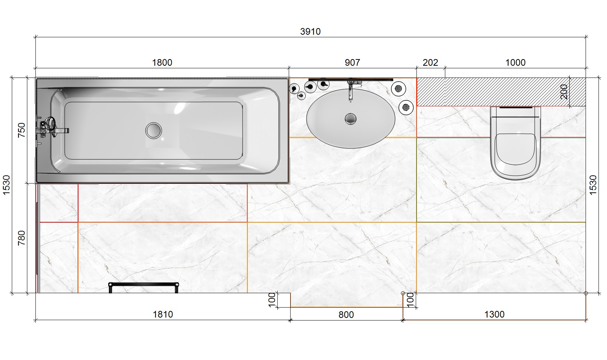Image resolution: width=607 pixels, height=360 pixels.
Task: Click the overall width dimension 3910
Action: [310, 32]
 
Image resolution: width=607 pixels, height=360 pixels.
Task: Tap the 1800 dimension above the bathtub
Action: [162, 63]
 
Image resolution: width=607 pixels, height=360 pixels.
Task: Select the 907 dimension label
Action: [352, 63]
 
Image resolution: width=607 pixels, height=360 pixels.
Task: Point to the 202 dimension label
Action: [430, 63]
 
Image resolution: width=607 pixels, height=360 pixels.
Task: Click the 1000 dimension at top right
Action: [515, 63]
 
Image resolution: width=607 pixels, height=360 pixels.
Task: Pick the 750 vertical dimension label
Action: [21, 130]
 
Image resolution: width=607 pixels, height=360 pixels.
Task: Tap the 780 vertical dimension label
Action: [21, 238]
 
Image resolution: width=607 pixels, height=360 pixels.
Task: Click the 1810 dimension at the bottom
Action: [163, 315]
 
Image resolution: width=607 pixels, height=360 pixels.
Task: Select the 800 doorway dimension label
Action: [346, 315]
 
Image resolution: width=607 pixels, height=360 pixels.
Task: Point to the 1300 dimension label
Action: [494, 315]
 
